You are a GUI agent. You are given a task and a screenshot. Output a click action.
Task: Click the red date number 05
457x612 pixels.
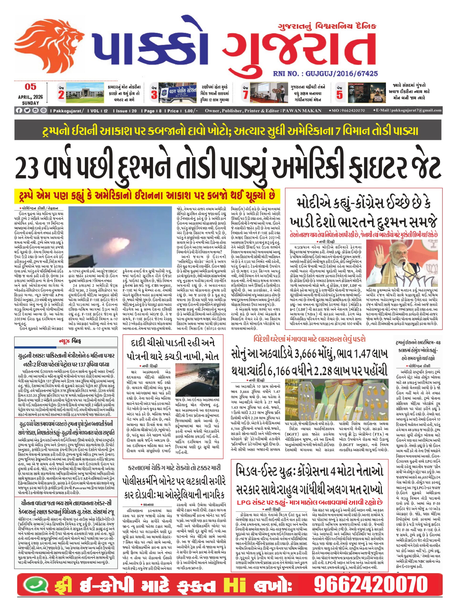pos(31,87)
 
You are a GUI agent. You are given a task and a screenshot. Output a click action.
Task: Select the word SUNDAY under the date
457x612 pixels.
pos(30,103)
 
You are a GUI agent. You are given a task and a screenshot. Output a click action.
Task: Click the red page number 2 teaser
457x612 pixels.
pos(61,95)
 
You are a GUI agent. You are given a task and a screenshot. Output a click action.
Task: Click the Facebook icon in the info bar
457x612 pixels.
pos(19,111)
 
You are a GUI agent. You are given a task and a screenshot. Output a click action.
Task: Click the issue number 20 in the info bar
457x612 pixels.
pos(134,111)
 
